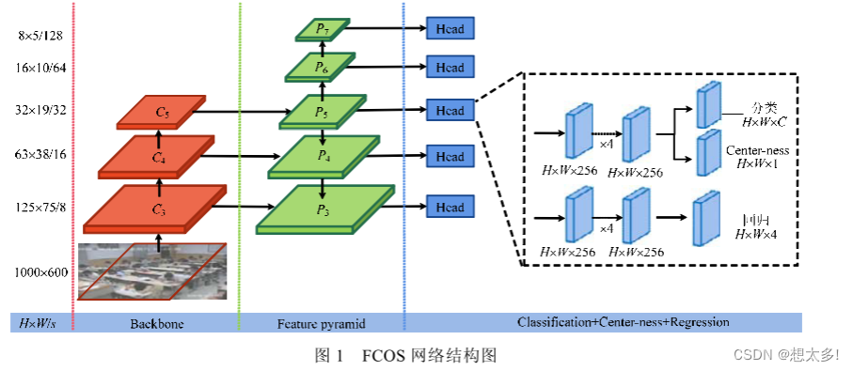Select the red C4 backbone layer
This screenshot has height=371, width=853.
pos(158,157)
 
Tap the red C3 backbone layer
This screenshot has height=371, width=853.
pos(156,209)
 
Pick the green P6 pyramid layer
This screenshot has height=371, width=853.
pos(322,67)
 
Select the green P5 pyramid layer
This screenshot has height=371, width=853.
pos(323,111)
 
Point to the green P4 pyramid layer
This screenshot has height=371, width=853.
pos(323,157)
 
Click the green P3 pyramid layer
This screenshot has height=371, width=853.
pos(325,208)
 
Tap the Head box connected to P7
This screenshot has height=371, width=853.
pos(450,29)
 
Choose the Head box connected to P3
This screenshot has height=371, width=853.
pos(450,206)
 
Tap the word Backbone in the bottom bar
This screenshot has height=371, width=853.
pos(157,323)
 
